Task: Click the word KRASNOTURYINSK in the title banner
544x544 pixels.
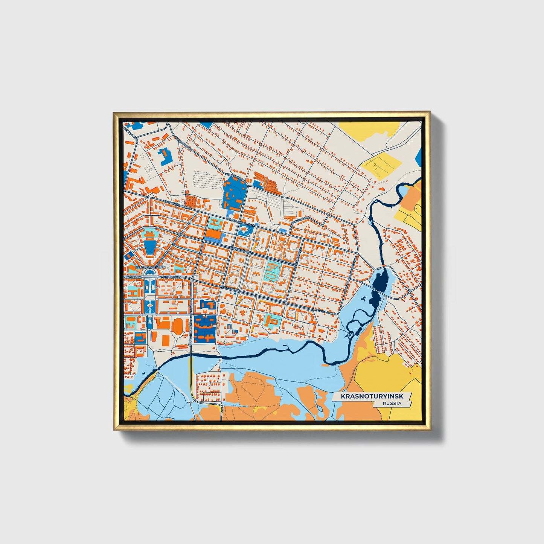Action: click(370, 396)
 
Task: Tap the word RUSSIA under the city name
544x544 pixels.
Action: click(392, 403)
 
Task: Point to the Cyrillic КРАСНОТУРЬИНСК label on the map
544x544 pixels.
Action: click(150, 267)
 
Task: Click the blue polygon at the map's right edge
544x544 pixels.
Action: click(419, 157)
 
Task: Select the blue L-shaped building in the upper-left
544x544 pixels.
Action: click(165, 157)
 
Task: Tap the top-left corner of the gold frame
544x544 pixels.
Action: click(114, 113)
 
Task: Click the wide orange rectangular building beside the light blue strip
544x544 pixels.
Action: click(213, 234)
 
